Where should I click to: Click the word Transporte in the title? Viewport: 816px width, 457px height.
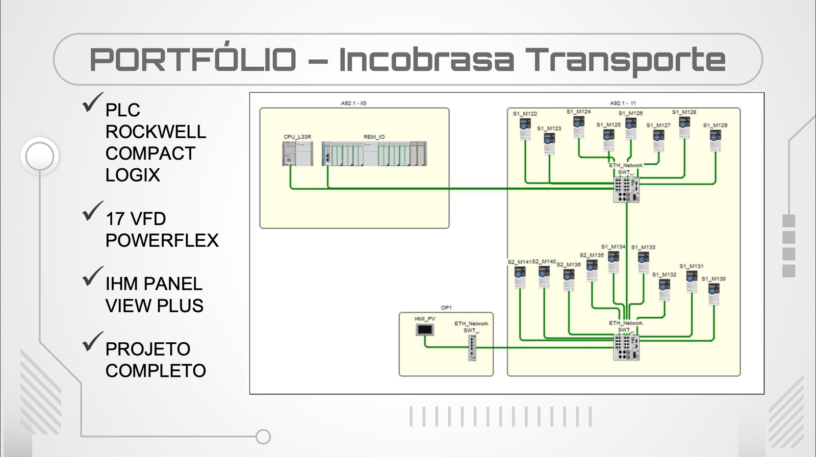click(626, 60)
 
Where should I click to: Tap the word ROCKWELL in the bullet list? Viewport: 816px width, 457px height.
click(156, 132)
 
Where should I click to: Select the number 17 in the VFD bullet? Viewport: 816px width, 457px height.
click(115, 219)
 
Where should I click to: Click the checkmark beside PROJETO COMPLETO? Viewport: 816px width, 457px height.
click(92, 341)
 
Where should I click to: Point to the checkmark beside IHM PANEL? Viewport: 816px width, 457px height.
click(92, 276)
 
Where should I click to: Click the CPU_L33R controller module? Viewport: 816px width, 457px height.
click(298, 154)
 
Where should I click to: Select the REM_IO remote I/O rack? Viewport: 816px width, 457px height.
click(374, 154)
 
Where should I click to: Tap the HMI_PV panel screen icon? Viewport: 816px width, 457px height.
click(424, 330)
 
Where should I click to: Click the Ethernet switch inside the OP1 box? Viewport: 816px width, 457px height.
click(472, 348)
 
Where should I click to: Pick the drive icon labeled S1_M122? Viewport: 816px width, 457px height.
click(525, 129)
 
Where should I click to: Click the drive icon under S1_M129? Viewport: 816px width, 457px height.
click(716, 141)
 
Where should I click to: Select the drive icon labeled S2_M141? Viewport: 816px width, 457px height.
click(520, 277)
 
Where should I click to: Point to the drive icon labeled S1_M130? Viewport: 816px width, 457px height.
click(713, 294)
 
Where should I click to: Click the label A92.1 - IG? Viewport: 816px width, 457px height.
click(353, 103)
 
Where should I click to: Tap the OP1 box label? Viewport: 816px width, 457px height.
click(446, 308)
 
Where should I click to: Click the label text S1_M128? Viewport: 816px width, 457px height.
click(684, 112)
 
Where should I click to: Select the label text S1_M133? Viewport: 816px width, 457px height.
click(643, 247)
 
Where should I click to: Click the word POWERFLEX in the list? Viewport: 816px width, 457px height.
click(162, 240)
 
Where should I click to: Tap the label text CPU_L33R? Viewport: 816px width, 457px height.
click(297, 137)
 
